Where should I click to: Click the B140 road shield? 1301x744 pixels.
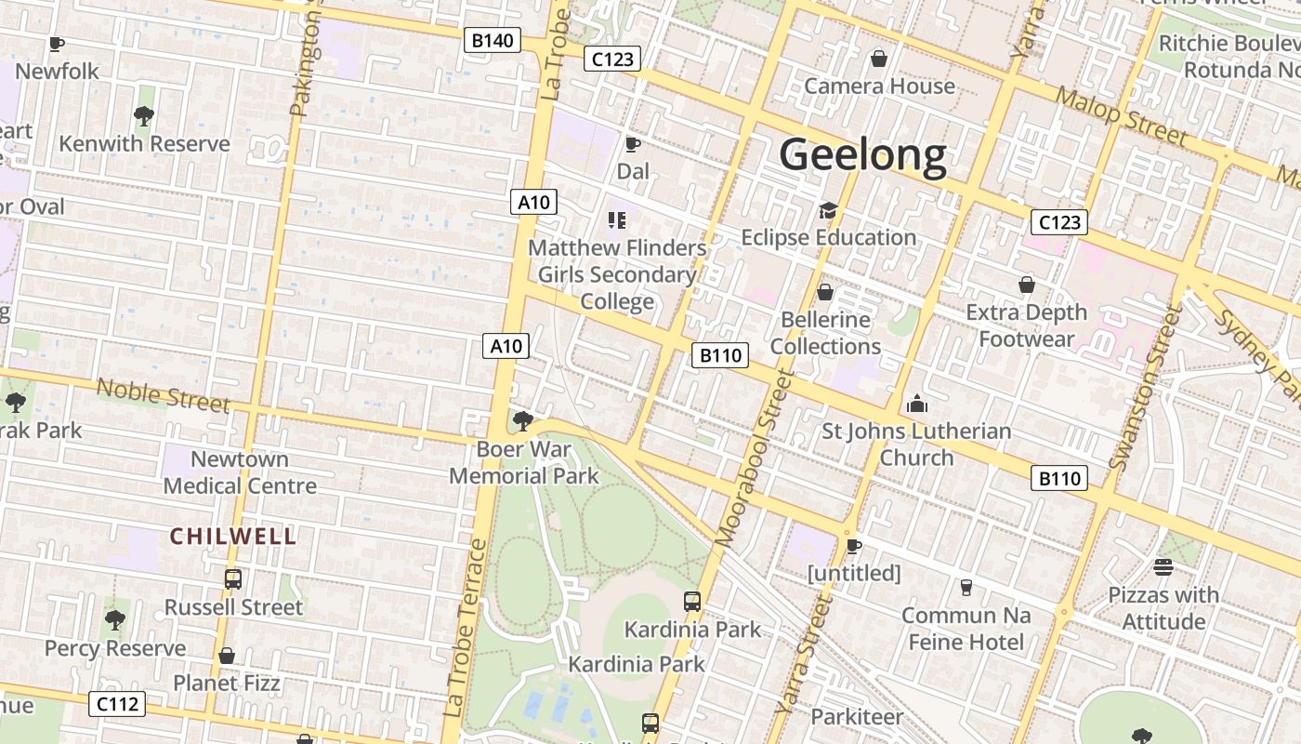point(492,40)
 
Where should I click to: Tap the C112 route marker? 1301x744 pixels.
point(118,704)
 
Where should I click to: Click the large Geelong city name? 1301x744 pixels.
point(862,154)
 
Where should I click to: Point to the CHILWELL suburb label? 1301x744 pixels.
point(233,536)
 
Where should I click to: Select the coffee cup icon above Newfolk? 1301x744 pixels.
point(57,44)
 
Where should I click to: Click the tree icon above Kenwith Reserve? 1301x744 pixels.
point(143,116)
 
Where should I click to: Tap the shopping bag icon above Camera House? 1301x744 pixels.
point(879,60)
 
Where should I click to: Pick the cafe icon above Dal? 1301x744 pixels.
point(633,144)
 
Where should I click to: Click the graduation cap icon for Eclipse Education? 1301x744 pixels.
point(828,211)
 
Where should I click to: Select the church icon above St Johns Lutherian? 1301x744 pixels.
point(917,405)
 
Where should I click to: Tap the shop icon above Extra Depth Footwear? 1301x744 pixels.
point(1027,285)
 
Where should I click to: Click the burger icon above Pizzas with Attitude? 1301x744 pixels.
point(1163,566)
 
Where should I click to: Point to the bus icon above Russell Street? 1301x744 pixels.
point(233,579)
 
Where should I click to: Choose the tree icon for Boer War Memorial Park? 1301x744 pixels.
point(523,421)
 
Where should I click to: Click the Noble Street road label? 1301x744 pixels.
point(163,395)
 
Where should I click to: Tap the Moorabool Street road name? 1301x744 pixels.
point(754,458)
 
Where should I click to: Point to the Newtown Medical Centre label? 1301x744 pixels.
point(240,472)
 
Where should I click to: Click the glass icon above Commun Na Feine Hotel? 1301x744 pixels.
point(966,588)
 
